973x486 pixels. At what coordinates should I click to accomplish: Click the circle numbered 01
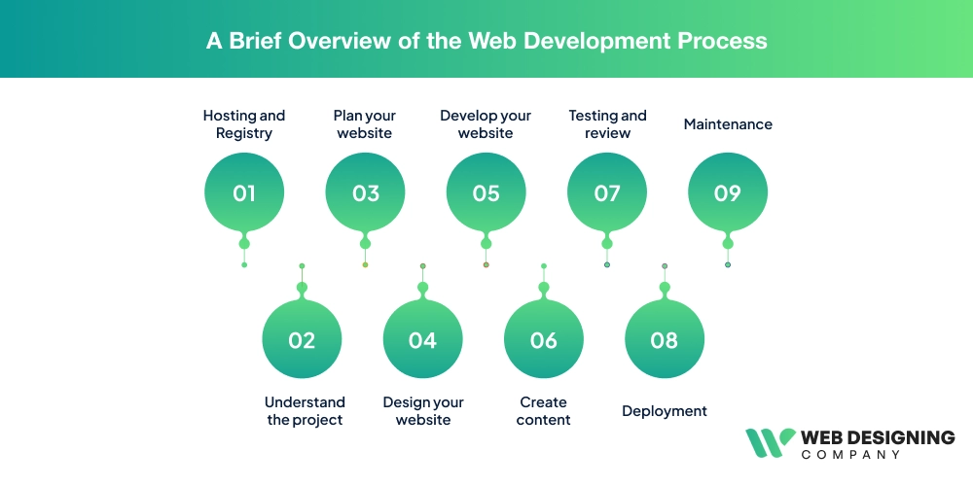click(x=244, y=192)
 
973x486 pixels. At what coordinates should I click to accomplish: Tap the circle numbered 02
click(x=302, y=339)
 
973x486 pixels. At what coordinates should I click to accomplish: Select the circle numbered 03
click(x=365, y=192)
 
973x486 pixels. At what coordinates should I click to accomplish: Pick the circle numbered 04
click(x=422, y=339)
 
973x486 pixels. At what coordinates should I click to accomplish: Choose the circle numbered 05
click(x=486, y=192)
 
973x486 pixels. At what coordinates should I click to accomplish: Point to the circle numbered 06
click(x=544, y=339)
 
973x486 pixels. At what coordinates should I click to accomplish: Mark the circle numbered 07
click(x=607, y=192)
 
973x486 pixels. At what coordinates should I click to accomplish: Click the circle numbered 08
click(x=665, y=339)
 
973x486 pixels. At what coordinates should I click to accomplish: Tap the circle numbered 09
click(x=728, y=192)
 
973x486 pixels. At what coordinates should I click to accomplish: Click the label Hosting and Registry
click(x=244, y=124)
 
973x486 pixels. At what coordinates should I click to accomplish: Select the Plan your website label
click(x=365, y=124)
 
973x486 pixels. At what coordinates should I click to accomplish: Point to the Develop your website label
click(x=486, y=124)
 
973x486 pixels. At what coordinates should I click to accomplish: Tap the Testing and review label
click(x=607, y=124)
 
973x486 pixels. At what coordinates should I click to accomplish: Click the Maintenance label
click(x=728, y=124)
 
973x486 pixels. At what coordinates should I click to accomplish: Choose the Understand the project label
click(x=305, y=411)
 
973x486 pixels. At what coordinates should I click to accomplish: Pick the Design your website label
click(x=423, y=411)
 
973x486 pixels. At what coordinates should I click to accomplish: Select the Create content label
click(x=544, y=411)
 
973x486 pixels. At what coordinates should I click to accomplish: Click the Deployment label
click(x=665, y=411)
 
